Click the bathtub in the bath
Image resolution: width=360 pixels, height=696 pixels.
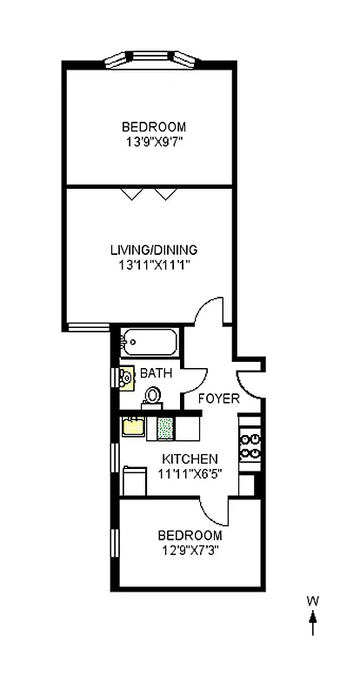[149, 342]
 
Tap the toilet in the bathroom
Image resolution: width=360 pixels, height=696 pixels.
[152, 396]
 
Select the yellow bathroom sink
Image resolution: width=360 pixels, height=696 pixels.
[125, 378]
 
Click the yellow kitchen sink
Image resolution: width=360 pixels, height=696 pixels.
[134, 427]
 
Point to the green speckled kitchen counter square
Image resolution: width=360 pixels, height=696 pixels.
[165, 428]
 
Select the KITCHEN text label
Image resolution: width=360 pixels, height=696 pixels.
[190, 459]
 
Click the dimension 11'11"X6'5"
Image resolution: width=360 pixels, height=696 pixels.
[190, 473]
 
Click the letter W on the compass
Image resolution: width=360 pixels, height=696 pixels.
[312, 601]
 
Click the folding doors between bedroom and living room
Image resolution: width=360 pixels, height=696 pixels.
[147, 192]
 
